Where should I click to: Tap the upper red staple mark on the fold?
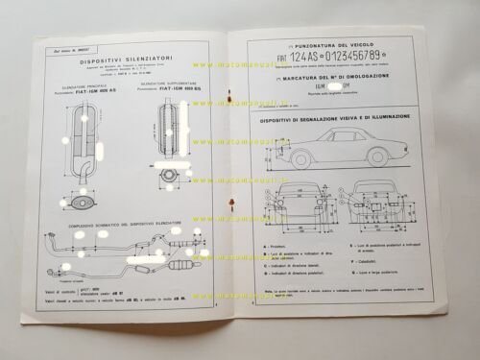tap(230, 96)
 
